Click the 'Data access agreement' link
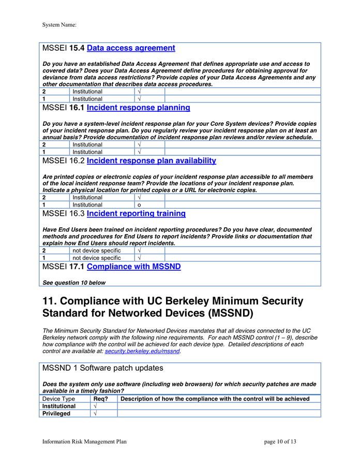pyautogui.click(x=131, y=48)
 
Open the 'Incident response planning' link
pyautogui.click(x=138, y=108)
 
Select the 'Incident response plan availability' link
pyautogui.click(x=151, y=161)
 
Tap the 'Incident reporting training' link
pyautogui.click(x=136, y=213)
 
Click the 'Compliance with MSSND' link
pyautogui.click(x=133, y=267)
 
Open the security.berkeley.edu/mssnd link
pyautogui.click(x=142, y=351)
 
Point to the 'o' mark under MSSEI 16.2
pyautogui.click(x=139, y=205)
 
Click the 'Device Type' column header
pyautogui.click(x=58, y=399)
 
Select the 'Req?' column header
pyautogui.click(x=100, y=399)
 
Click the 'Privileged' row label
pyautogui.click(x=56, y=414)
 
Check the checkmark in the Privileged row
pyautogui.click(x=96, y=414)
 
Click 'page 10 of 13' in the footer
pyautogui.click(x=280, y=442)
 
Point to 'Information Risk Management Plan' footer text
pyautogui.click(x=84, y=442)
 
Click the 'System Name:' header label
pyautogui.click(x=59, y=24)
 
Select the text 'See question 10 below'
pyautogui.click(x=73, y=283)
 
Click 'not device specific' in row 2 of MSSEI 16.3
pyautogui.click(x=96, y=251)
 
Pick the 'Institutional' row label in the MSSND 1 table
pyautogui.click(x=58, y=406)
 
